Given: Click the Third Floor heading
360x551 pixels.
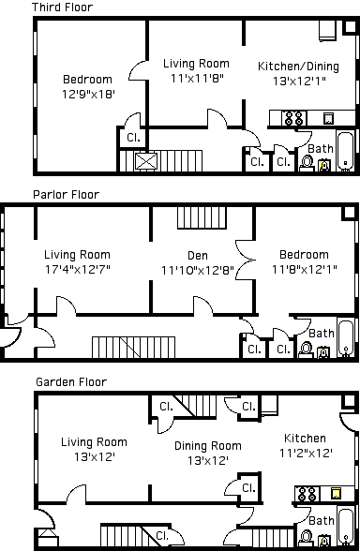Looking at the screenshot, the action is [x=62, y=7].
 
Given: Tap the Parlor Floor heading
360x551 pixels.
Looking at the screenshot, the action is [x=66, y=195].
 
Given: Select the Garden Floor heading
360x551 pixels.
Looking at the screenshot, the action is [x=71, y=382].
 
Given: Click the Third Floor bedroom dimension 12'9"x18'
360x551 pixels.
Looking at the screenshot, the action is [x=88, y=94].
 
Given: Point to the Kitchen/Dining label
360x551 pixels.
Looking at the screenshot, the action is [x=298, y=66].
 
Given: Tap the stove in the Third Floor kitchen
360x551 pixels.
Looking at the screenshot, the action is [x=294, y=118].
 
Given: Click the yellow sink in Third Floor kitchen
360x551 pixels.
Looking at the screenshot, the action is [x=328, y=118].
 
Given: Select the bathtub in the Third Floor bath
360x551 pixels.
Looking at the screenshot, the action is [x=345, y=152].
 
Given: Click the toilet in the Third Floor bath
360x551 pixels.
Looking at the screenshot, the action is [x=307, y=163].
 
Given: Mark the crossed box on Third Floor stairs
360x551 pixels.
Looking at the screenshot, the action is [x=146, y=161].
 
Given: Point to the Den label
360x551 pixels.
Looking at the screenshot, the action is [x=198, y=256].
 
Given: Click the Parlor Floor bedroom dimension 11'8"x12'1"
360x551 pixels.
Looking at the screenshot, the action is [x=305, y=270].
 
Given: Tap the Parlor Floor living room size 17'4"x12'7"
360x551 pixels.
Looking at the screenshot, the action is [x=77, y=270].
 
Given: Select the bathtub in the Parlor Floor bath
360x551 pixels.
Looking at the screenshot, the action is [x=346, y=337].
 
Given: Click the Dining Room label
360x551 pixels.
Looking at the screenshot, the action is [x=208, y=446].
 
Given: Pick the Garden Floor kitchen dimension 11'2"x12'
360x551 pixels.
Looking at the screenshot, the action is [x=306, y=454].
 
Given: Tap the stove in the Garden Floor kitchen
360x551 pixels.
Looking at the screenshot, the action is [x=307, y=495].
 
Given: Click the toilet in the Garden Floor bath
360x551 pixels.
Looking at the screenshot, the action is [x=307, y=538].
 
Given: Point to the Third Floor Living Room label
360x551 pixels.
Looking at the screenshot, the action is [x=196, y=64].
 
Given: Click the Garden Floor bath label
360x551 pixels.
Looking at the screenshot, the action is [x=322, y=521].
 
